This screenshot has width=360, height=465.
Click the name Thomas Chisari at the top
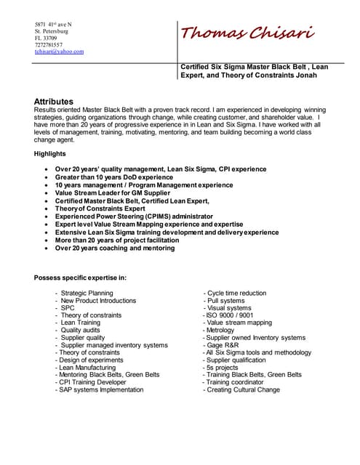[x=247, y=33]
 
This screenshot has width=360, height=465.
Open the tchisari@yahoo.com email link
[x=59, y=52]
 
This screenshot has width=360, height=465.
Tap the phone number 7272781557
[x=53, y=45]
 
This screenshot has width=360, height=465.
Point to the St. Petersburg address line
[x=52, y=32]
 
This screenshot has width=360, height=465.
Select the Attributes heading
[x=54, y=101]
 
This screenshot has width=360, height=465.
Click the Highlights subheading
[x=50, y=153]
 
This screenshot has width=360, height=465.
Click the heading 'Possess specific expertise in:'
[x=81, y=277]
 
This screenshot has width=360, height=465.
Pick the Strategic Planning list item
[x=87, y=293]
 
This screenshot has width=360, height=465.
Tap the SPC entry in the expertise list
[x=68, y=308]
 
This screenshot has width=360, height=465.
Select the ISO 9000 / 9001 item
[x=229, y=315]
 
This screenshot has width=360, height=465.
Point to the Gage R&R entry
[x=225, y=345]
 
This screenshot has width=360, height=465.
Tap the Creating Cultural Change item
[x=242, y=390]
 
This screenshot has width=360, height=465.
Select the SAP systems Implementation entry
[x=101, y=390]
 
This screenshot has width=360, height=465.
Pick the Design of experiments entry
[x=90, y=360]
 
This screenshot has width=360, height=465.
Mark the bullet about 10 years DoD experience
[x=114, y=177]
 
